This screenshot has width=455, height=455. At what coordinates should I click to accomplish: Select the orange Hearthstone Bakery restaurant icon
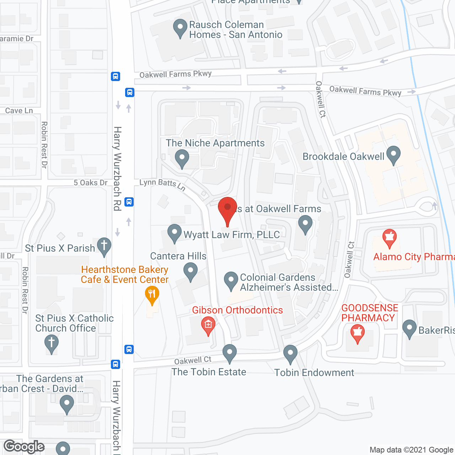tap(152, 295)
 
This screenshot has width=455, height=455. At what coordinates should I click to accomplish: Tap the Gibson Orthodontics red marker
tap(208, 326)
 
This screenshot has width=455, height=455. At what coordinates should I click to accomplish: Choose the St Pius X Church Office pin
tap(52, 343)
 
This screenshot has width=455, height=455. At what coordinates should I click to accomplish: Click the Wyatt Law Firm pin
tap(175, 233)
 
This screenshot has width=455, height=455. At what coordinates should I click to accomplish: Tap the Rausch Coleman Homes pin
tap(180, 28)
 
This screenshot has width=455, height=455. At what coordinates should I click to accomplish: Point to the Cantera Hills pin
tap(191, 272)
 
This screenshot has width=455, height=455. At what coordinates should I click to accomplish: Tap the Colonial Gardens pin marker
tap(231, 281)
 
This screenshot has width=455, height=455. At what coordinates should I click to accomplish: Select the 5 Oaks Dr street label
tap(90, 183)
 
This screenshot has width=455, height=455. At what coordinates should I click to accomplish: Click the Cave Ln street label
tap(19, 111)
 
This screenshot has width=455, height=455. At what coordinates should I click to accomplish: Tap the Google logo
tap(24, 446)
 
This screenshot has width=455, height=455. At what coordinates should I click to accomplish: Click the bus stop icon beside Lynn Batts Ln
tap(129, 202)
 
